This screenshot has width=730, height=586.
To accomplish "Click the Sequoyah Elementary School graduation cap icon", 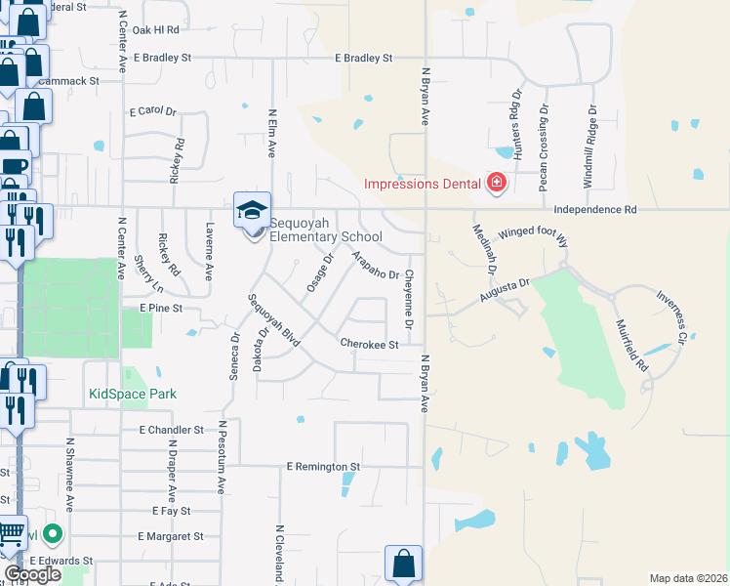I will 252,210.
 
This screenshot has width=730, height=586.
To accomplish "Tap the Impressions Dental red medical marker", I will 497,183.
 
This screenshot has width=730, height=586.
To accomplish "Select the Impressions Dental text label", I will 422,184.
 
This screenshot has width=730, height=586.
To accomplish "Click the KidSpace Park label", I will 132,395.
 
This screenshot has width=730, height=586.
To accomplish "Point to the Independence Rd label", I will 594,210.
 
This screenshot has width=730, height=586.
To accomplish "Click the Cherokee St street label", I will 369,345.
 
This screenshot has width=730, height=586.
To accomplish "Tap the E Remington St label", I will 323,467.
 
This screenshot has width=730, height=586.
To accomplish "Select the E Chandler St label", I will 171,430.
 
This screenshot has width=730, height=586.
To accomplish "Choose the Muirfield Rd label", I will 630,347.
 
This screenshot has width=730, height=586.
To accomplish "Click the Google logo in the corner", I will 32,575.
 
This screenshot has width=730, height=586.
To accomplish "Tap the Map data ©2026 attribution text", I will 688,578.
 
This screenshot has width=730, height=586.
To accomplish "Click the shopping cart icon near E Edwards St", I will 11,534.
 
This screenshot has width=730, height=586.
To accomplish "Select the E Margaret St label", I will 170,536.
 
